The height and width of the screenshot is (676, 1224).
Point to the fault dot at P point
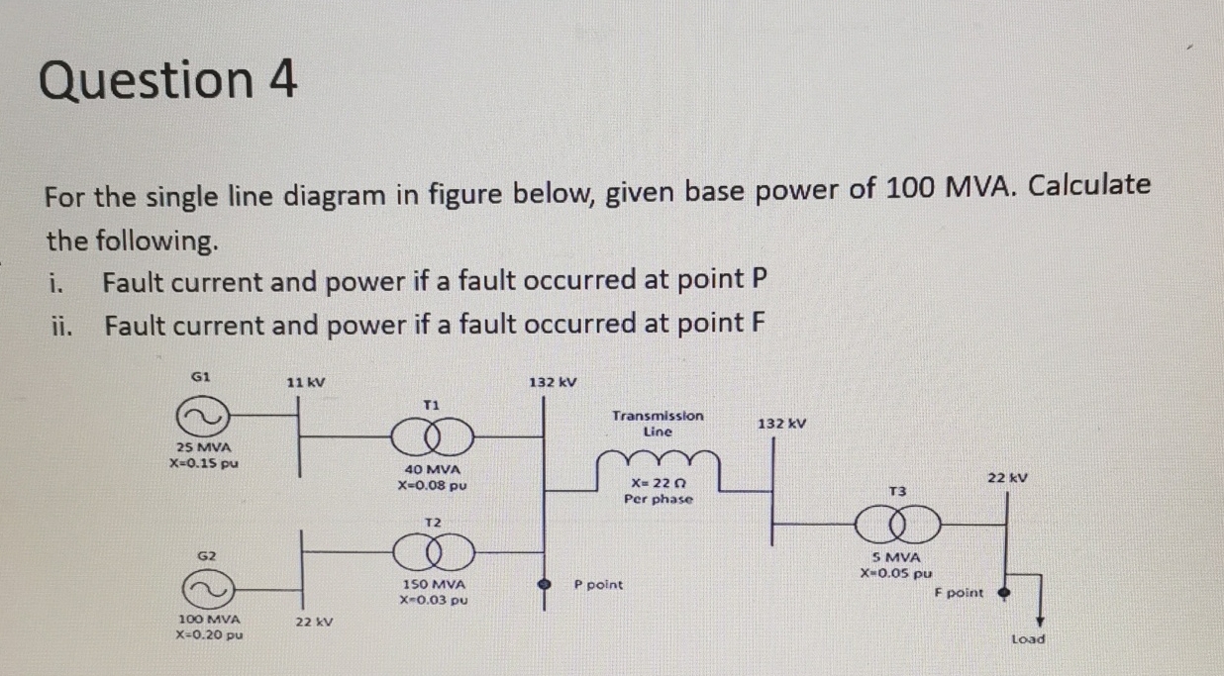tap(543, 585)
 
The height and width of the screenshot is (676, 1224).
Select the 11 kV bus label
tap(305, 382)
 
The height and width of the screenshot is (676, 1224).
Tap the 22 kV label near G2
tap(314, 623)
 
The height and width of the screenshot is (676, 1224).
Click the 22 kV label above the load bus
tap(1008, 477)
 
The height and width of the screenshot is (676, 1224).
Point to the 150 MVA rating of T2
tap(433, 585)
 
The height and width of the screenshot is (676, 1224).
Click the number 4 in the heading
tap(282, 80)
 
